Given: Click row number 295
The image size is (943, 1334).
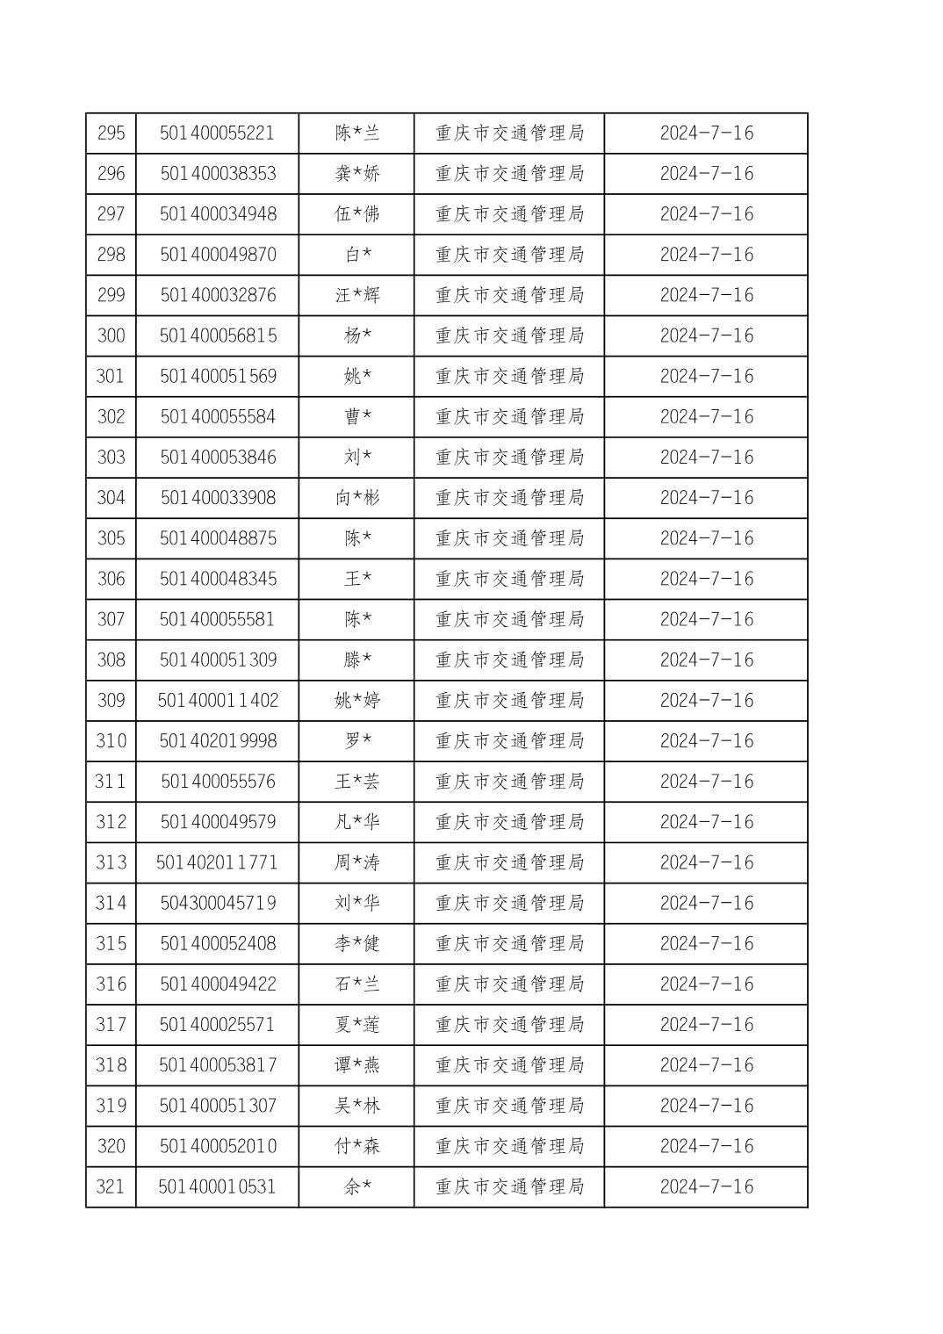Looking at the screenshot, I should (x=111, y=133).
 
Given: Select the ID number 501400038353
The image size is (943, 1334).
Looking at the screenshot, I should (x=218, y=174).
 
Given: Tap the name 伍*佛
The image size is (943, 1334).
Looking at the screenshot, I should (x=356, y=214).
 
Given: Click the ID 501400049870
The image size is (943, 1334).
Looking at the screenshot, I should (x=218, y=255).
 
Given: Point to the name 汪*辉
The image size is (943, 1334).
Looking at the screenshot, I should (x=356, y=295).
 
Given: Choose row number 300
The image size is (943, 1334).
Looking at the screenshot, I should (x=111, y=335).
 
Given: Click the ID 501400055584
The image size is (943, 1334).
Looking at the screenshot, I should (x=218, y=416).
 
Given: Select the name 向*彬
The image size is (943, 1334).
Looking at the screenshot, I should (x=356, y=498).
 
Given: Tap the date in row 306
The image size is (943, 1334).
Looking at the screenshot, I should (x=706, y=579).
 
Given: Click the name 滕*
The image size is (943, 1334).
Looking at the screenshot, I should (x=356, y=660).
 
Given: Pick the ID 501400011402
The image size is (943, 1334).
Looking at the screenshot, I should (x=218, y=700).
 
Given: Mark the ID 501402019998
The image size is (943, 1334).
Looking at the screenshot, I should (x=218, y=741).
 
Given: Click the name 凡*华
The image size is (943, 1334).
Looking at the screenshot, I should (x=356, y=822).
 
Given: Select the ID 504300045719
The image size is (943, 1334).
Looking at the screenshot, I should (x=218, y=903).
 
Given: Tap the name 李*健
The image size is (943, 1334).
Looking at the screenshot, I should (x=356, y=943).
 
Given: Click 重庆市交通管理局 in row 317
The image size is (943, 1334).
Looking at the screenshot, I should (x=509, y=1025).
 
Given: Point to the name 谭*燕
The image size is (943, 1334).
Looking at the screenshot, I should (x=356, y=1065).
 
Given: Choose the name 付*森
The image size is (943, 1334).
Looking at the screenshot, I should (x=356, y=1146).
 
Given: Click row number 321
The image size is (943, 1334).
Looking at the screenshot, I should (x=111, y=1186).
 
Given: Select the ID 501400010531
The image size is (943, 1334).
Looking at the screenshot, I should (x=218, y=1186).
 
